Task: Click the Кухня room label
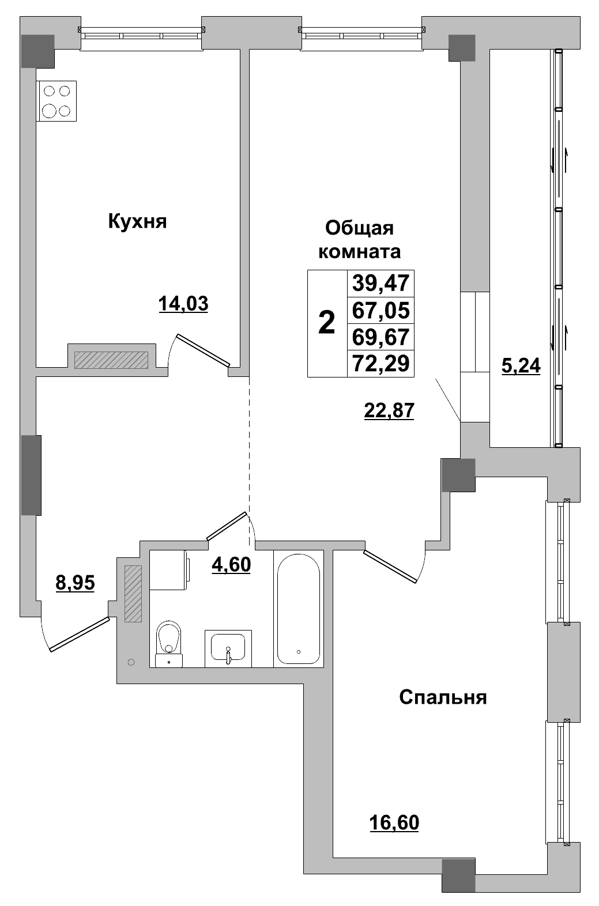point(137,221)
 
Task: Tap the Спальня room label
point(443,697)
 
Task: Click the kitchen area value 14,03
point(183,303)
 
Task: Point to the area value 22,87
point(389,410)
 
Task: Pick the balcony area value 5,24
point(521,366)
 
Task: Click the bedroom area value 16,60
point(394,823)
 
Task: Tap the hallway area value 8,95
point(75,583)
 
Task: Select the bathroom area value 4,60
point(231,565)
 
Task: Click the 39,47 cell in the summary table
point(381,283)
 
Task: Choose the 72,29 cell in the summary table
point(381,363)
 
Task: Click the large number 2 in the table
point(327,323)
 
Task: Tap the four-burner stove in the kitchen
point(56,101)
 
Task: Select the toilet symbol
point(169,644)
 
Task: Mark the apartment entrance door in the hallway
point(80,634)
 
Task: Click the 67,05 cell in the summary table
point(381,311)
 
